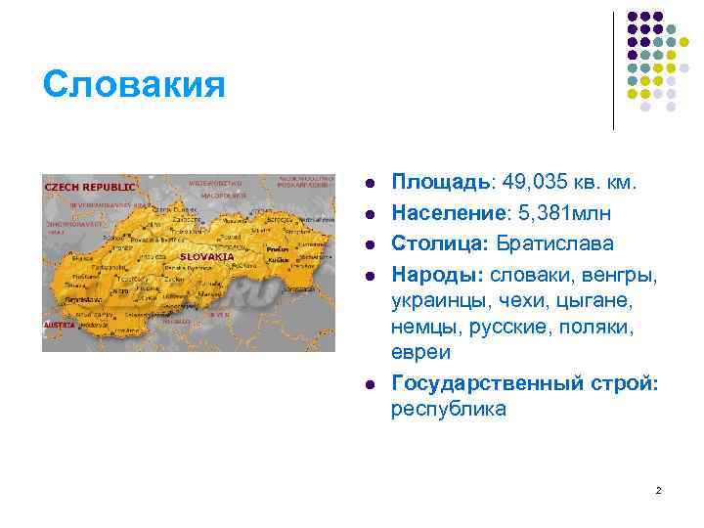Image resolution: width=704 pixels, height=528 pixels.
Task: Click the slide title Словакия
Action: pyautogui.click(x=134, y=84)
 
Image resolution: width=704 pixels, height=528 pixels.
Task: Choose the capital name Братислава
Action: pyautogui.click(x=556, y=242)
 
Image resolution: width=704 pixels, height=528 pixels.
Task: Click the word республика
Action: pyautogui.click(x=449, y=409)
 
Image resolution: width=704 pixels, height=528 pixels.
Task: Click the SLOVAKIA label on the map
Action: pyautogui.click(x=206, y=256)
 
